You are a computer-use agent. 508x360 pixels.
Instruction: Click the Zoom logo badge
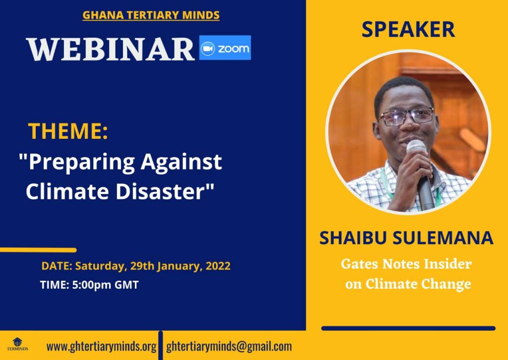pos(225,48)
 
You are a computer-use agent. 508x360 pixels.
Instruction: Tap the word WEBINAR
pos(111,49)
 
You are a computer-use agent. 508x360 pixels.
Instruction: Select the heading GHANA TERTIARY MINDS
pos(151,15)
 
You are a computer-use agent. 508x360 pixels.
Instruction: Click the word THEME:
pos(68,131)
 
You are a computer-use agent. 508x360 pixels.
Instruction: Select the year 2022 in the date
pos(218,266)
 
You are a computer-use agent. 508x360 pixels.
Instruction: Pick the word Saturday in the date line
pos(99,266)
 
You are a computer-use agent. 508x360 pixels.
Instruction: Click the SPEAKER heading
pos(408,29)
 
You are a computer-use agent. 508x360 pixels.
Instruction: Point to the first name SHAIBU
pos(353,238)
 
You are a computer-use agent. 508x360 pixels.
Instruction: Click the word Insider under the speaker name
pos(448,264)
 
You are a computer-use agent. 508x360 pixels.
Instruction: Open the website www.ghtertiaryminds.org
pos(102,347)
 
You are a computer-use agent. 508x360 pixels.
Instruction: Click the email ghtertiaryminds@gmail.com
pos(229,347)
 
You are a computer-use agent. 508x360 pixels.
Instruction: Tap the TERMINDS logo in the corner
pos(17,344)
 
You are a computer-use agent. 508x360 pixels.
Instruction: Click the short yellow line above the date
pos(38,250)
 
